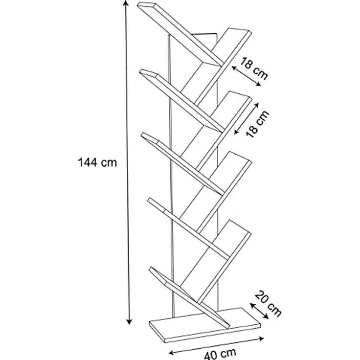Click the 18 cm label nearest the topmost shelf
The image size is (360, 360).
254,67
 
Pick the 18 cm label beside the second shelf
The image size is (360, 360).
257,124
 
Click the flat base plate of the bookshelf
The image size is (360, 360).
205,326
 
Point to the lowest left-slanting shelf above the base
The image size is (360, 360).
189,296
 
